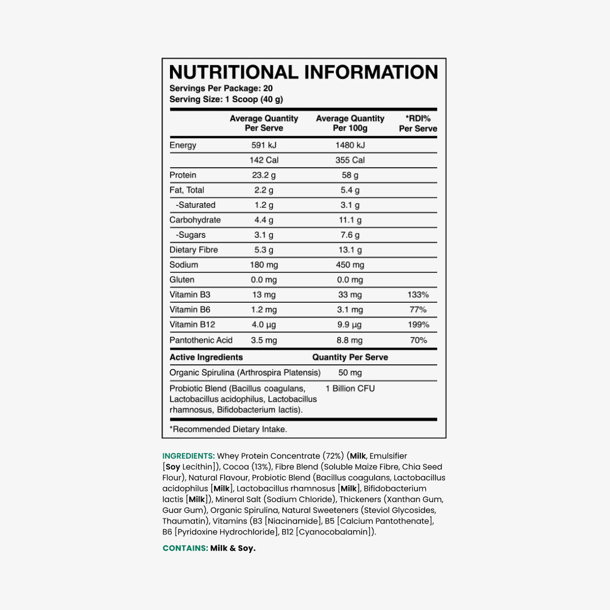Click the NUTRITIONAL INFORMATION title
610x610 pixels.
click(x=303, y=72)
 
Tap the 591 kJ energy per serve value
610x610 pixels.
click(x=264, y=145)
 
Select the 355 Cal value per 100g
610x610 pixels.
click(x=350, y=160)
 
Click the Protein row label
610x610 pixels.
click(x=183, y=175)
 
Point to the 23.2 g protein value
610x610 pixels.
click(x=264, y=175)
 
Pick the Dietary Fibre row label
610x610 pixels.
click(x=194, y=250)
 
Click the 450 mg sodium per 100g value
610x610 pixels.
click(x=350, y=265)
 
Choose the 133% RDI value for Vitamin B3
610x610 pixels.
click(x=418, y=295)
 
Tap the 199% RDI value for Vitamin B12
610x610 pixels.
click(x=418, y=325)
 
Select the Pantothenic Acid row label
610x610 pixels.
click(x=201, y=340)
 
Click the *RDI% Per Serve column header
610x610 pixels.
click(x=418, y=123)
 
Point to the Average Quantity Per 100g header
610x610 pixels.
click(x=350, y=123)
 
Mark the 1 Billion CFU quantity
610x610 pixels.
click(x=350, y=389)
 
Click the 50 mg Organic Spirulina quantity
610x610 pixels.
click(x=350, y=373)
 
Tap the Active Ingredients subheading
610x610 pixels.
click(x=206, y=357)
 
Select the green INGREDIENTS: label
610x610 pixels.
click(x=188, y=456)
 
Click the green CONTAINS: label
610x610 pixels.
click(x=185, y=548)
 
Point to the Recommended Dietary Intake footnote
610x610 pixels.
click(x=228, y=429)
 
